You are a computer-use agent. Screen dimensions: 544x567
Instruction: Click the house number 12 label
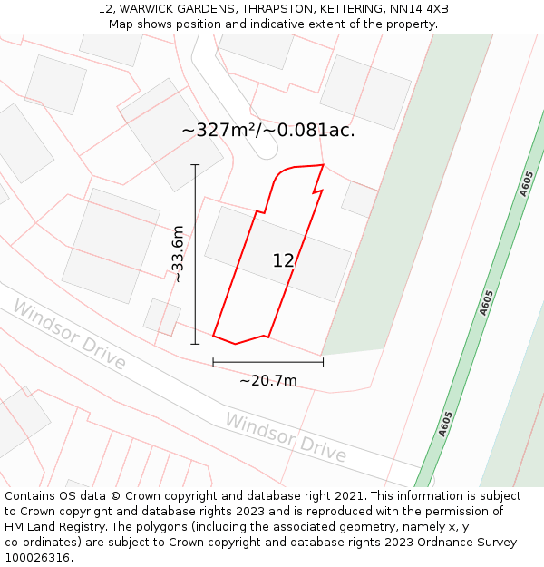click(283, 261)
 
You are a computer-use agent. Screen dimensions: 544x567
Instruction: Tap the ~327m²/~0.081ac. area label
click(268, 130)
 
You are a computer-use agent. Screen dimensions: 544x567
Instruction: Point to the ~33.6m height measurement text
click(178, 254)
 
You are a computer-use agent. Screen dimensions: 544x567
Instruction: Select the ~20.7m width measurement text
click(267, 380)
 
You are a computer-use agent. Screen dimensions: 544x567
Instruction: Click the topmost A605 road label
click(527, 183)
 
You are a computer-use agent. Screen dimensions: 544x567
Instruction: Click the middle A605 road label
click(487, 302)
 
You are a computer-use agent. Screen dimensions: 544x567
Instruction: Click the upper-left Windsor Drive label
click(69, 335)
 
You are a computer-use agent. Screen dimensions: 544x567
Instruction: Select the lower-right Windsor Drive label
click(286, 436)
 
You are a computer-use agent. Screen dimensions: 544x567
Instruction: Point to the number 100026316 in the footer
click(39, 558)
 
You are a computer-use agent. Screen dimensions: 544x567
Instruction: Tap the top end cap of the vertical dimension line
click(195, 165)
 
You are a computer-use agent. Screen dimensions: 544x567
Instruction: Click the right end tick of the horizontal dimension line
click(323, 362)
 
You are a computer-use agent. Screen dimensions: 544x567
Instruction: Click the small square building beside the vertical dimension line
click(162, 317)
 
